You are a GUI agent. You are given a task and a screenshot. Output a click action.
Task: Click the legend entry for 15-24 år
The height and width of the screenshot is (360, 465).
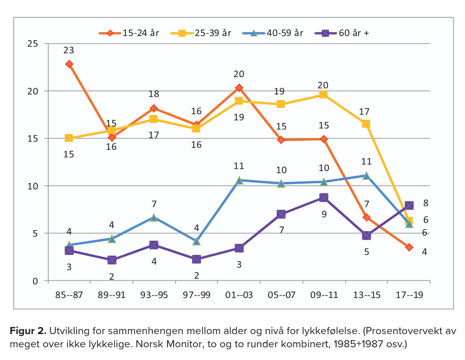pos(129,33)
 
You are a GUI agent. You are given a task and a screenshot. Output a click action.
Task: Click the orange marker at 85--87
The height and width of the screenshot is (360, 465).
pos(69,64)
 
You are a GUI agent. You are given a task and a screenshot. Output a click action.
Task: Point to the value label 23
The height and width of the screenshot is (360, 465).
pos(69,50)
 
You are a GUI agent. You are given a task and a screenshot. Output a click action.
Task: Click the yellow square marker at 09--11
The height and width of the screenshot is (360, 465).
pos(323,94)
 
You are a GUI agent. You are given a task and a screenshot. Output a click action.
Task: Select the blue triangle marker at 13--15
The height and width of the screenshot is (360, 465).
pos(366,175)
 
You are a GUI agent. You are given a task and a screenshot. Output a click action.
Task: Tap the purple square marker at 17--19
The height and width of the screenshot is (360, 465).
pos(409,206)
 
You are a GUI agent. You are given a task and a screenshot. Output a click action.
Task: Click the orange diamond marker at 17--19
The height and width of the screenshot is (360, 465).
pos(409,247)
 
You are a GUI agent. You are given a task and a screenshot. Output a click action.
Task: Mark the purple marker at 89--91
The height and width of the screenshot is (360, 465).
pos(112,260)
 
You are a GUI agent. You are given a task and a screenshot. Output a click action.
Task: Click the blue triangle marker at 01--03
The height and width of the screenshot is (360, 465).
pos(239,180)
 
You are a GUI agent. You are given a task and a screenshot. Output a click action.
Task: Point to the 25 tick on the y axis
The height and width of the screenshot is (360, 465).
pos(33,44)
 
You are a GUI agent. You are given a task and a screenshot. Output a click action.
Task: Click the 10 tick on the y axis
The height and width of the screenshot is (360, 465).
pos(33,186)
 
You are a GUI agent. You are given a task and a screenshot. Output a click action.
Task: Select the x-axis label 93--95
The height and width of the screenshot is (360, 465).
pos(154,294)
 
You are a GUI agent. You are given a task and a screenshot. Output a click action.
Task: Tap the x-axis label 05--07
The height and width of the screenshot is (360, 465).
pos(281,294)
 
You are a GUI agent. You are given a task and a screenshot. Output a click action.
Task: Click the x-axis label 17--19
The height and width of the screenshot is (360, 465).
pos(409,294)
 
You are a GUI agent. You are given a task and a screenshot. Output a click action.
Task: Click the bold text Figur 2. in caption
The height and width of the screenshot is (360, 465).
pos(28,331)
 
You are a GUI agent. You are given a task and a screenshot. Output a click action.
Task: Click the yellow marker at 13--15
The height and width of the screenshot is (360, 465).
pos(366,124)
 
